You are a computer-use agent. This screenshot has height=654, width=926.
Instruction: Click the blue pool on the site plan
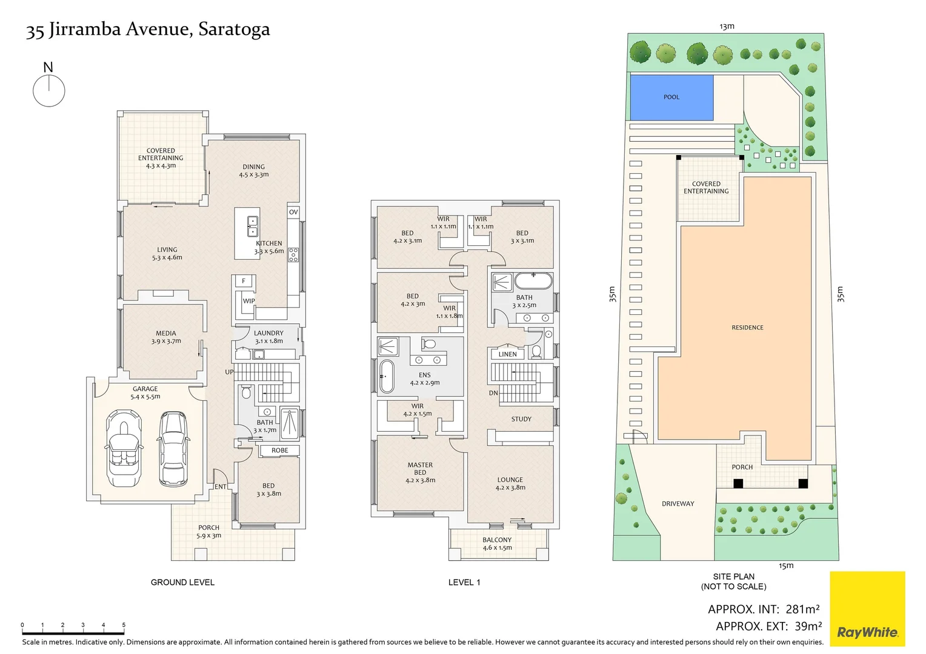[671, 97]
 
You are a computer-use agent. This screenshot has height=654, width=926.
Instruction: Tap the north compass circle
[48, 92]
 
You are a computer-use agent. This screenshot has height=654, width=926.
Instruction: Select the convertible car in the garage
[124, 448]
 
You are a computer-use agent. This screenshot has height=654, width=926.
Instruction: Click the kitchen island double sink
[253, 226]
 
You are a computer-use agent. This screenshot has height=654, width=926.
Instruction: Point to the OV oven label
[293, 212]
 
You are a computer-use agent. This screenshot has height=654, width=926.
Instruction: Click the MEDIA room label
[165, 333]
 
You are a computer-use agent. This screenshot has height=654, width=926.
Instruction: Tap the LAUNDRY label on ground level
[268, 333]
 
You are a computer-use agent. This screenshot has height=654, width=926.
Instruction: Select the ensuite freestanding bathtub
[386, 376]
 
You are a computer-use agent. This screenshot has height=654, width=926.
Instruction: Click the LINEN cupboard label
[508, 354]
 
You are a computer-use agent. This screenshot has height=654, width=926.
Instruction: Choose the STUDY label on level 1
[521, 419]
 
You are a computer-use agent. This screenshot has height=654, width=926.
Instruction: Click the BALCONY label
[497, 540]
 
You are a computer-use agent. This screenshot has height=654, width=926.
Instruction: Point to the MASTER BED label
[420, 469]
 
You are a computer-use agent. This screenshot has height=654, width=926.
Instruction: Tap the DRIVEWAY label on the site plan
[678, 504]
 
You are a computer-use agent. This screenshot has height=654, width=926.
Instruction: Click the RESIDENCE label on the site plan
[747, 328]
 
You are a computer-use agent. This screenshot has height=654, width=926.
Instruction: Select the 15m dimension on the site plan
[785, 566]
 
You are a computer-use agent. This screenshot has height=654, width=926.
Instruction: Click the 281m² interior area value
[802, 609]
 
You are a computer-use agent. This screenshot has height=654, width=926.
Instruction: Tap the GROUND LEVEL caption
[182, 583]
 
